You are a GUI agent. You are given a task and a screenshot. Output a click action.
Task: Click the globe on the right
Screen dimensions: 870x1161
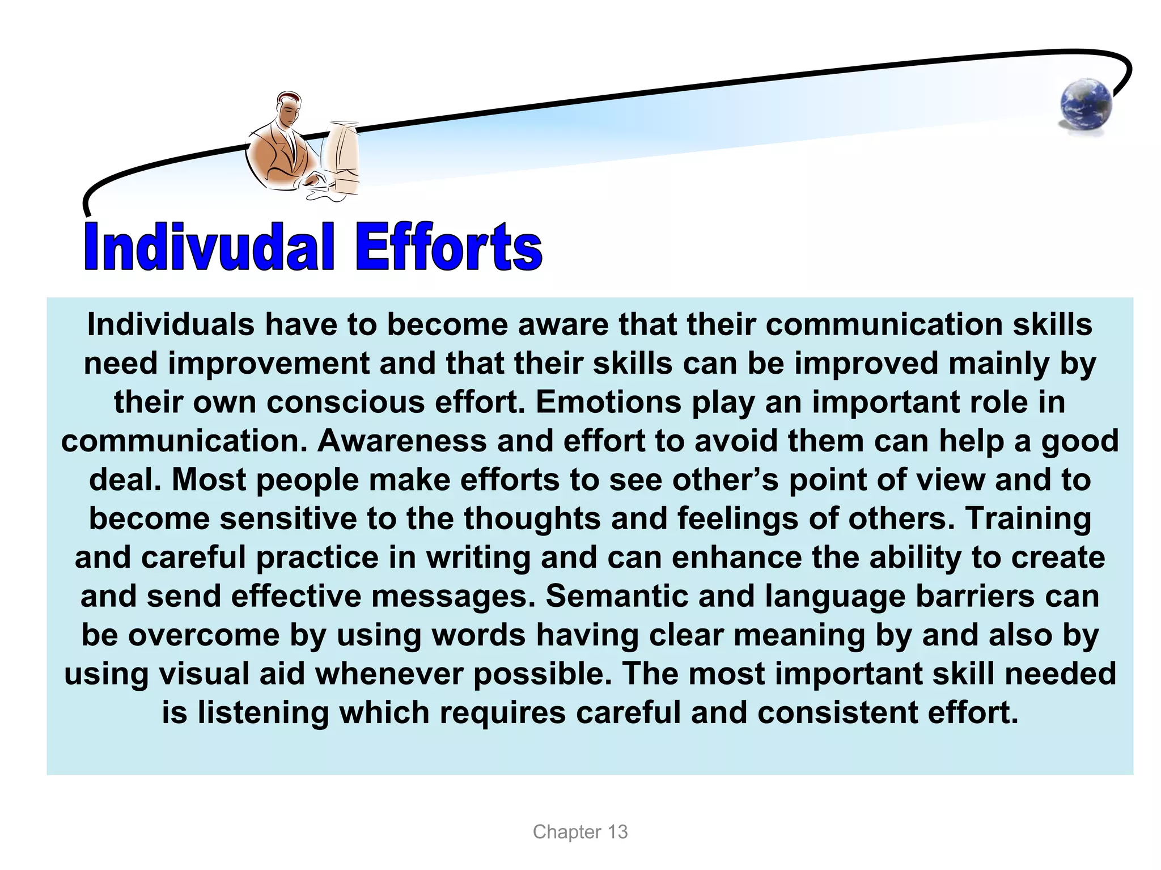[x=1086, y=107]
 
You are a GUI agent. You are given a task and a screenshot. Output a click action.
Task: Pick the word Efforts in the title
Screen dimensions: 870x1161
[x=448, y=248]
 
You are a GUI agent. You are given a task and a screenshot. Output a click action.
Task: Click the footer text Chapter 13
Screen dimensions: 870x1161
[x=580, y=832]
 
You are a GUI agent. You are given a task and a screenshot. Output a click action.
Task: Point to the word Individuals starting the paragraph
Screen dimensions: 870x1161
[x=171, y=325]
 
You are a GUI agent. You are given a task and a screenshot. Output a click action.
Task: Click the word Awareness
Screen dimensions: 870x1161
[x=402, y=441]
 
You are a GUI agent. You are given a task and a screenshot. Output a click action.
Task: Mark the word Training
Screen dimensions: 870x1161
[x=1028, y=518]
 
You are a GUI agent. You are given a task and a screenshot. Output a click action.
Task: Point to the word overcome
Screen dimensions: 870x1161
[x=204, y=635]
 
